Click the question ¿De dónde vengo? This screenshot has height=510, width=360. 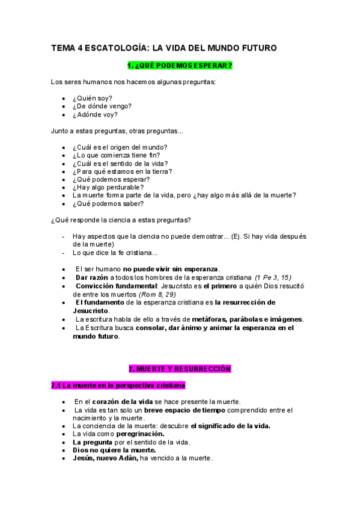[102, 106]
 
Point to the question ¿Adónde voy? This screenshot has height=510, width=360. [95, 114]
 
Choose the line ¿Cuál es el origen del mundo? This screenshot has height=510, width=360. [120, 147]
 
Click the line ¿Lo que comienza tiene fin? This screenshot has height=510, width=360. [116, 155]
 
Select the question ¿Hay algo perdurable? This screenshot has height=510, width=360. [108, 187]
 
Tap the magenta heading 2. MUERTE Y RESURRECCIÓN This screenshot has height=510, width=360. [180, 368]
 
